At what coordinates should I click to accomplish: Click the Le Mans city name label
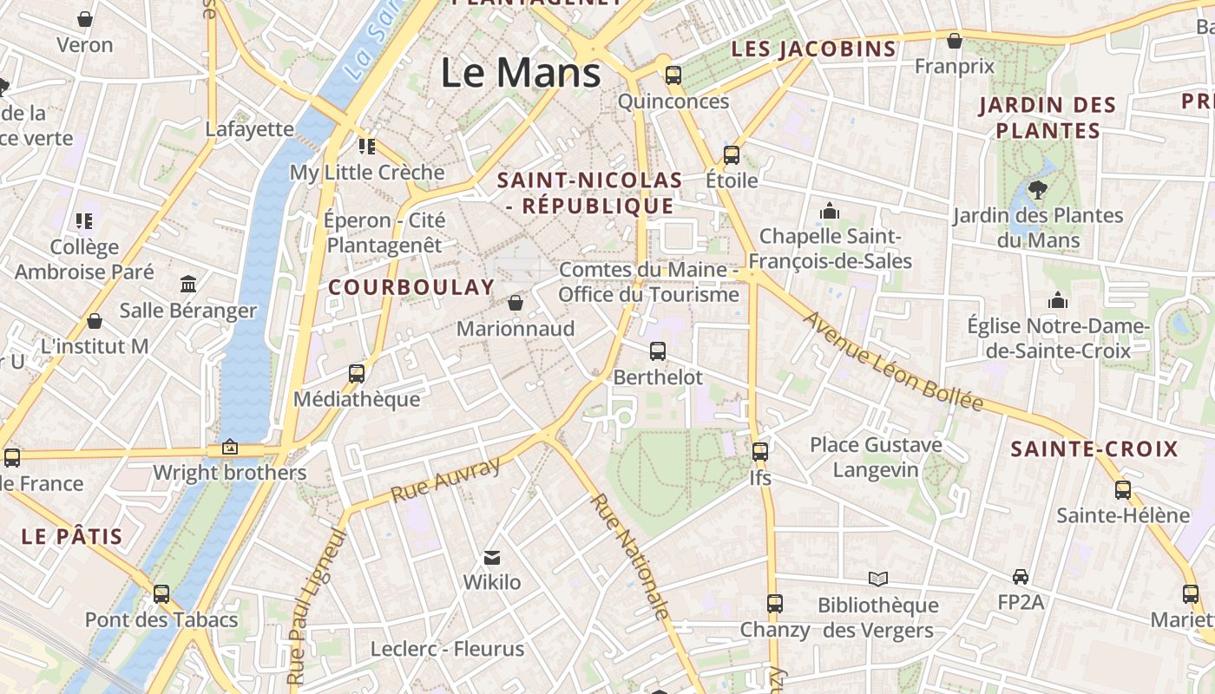click(521, 72)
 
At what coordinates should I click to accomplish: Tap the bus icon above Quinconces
click(673, 75)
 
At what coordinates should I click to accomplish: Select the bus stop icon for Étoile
click(732, 155)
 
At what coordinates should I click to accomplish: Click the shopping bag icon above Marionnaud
click(516, 303)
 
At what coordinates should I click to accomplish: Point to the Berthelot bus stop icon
click(658, 351)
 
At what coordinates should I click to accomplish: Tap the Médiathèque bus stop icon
click(357, 374)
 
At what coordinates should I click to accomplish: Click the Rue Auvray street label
click(446, 480)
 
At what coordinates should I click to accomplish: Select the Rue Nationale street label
click(631, 556)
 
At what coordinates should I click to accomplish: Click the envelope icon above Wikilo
click(492, 557)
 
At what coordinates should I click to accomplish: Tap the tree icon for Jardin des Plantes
click(1037, 189)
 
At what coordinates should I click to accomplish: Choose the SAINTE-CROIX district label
click(1094, 449)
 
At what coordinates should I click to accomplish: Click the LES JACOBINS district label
click(813, 49)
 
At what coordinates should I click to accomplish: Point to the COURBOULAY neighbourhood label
click(411, 287)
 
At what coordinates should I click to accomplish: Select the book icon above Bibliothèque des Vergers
click(878, 579)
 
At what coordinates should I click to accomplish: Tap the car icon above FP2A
click(1021, 577)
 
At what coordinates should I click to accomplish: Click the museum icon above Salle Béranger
click(188, 284)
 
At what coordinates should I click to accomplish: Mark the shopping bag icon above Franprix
click(955, 41)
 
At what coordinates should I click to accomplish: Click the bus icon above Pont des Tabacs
click(161, 594)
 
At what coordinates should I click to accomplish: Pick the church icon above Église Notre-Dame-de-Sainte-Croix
click(1058, 301)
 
